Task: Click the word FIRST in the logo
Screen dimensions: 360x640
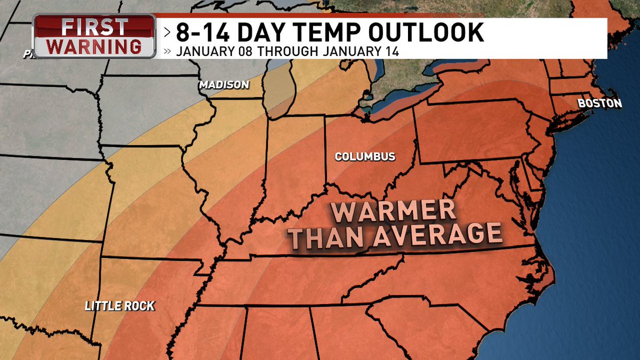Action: (94, 26)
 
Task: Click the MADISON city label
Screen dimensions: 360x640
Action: (224, 85)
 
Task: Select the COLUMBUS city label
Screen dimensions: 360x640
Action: (365, 157)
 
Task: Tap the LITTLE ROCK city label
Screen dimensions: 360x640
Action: (120, 306)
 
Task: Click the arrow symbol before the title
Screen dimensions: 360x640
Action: (167, 33)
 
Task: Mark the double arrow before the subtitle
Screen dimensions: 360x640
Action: (167, 52)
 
